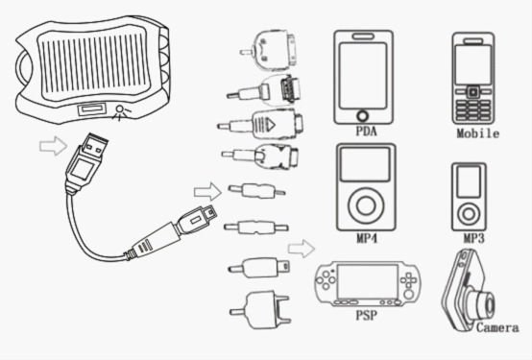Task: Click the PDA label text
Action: point(366,131)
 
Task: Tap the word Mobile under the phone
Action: point(477,133)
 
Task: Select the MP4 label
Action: point(367,238)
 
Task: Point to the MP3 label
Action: point(474,238)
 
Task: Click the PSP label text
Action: point(366,315)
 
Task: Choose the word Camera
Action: point(497,327)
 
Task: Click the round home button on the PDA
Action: point(363,116)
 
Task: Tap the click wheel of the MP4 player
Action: point(366,205)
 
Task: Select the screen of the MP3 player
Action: point(469,181)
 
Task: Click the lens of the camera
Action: point(487,303)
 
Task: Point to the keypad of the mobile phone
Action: point(473,110)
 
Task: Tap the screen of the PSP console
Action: point(367,281)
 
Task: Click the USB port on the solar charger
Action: point(91,109)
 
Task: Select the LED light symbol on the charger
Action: point(120,111)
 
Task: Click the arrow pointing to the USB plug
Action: point(53,146)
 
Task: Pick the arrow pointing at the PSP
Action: point(302,249)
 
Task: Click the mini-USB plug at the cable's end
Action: point(196,219)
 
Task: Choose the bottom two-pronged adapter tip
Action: point(260,310)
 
